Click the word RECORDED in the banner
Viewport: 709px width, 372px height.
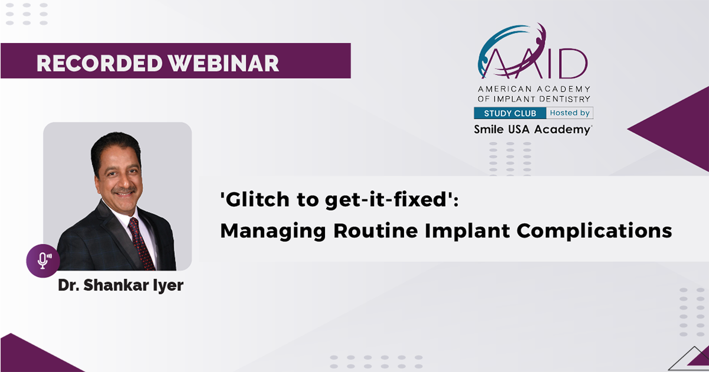tap(100, 63)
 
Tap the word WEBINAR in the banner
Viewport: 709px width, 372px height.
tap(223, 63)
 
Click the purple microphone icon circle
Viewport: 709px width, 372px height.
tap(43, 260)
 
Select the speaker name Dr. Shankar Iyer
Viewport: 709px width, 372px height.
tap(121, 285)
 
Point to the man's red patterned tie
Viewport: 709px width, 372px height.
tap(140, 243)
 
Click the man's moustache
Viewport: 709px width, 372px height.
tap(125, 190)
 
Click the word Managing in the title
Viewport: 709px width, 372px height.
tap(273, 231)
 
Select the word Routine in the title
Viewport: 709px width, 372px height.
tap(375, 230)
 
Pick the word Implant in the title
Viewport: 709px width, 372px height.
tap(467, 231)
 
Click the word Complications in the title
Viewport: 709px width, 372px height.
tap(594, 231)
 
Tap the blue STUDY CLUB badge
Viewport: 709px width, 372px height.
tap(510, 113)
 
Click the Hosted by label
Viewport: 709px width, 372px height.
tap(570, 113)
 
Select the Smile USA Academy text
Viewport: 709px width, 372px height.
tap(532, 129)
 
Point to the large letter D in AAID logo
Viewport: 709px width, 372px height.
tap(573, 64)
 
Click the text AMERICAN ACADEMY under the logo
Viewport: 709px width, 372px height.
tap(534, 89)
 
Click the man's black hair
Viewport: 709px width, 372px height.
tap(115, 146)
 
